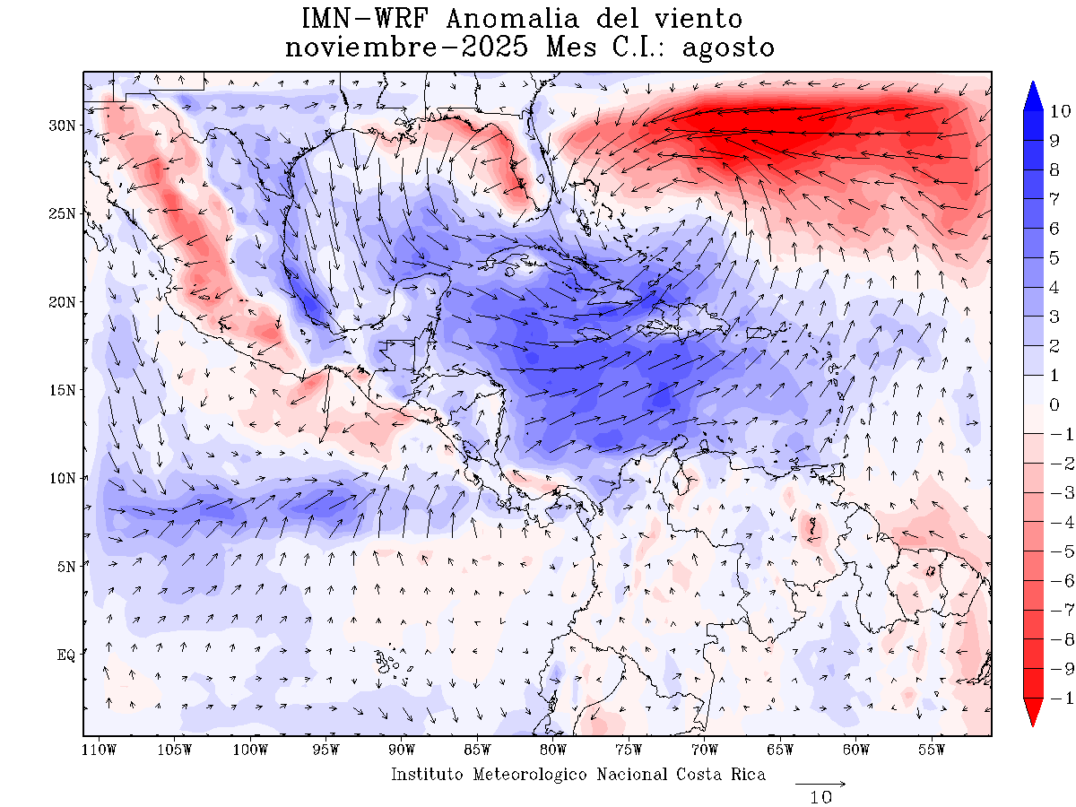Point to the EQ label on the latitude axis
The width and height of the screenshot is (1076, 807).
[66, 655]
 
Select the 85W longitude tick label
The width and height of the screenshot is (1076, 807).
[477, 750]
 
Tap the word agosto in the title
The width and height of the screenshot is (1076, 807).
[728, 48]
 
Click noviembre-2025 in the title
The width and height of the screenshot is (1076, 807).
[411, 48]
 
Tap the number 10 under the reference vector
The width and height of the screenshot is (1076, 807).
[820, 796]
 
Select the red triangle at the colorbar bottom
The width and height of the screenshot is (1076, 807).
[1033, 712]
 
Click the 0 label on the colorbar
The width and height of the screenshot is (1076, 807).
[1054, 404]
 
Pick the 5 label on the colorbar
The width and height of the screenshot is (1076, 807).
[1054, 258]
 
